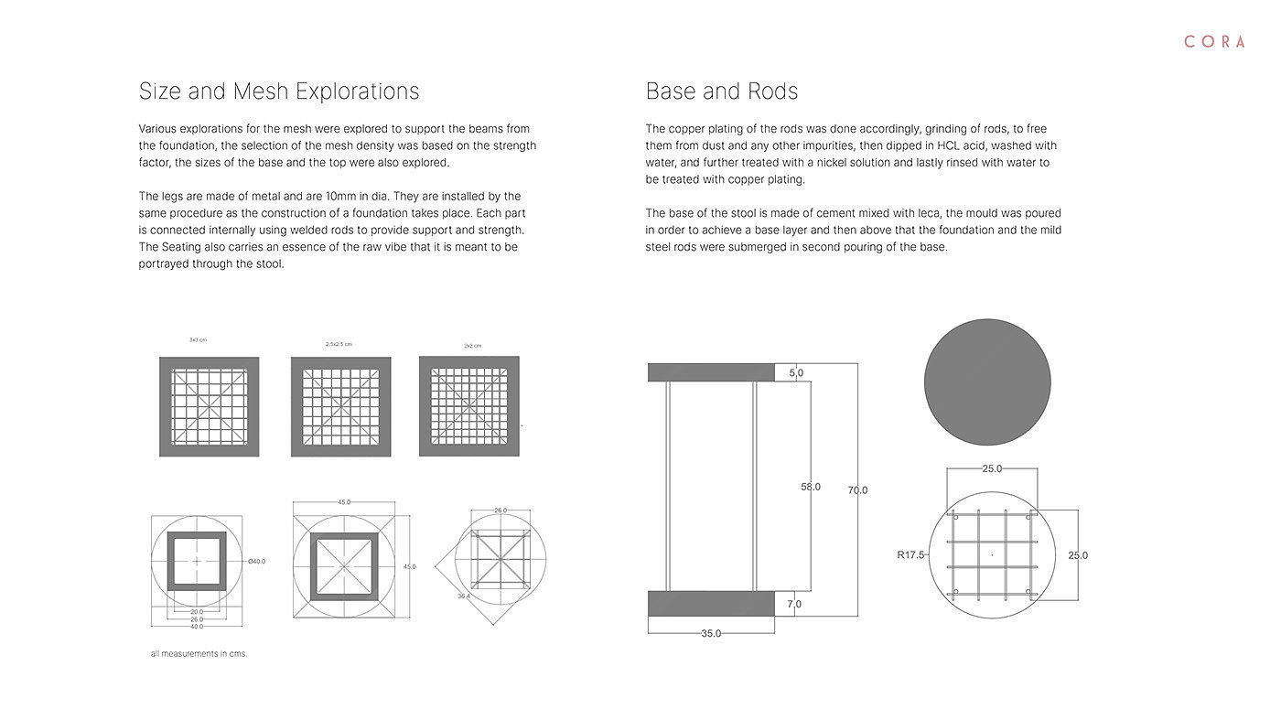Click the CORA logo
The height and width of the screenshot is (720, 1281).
tap(1214, 42)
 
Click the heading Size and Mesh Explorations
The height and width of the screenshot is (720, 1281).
tap(279, 91)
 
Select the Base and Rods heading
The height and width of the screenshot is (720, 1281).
tap(722, 91)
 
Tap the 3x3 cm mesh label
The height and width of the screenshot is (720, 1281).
tap(198, 339)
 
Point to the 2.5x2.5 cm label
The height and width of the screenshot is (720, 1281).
tap(339, 344)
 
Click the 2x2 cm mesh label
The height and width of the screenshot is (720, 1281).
tap(472, 346)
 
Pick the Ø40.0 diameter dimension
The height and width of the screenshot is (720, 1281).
tap(256, 561)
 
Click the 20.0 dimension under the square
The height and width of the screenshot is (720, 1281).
tap(197, 612)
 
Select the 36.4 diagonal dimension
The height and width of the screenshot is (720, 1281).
tap(464, 596)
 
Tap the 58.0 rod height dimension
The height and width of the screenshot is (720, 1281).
tap(811, 487)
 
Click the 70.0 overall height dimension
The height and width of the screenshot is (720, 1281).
tap(857, 490)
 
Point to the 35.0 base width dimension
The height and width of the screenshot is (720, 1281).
tap(711, 633)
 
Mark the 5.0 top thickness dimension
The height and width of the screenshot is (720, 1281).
tap(796, 373)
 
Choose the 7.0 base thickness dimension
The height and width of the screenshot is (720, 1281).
tap(794, 604)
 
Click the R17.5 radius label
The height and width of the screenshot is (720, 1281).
tap(911, 554)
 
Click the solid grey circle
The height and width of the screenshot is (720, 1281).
tap(987, 382)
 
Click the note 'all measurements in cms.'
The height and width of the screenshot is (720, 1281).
tap(199, 654)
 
